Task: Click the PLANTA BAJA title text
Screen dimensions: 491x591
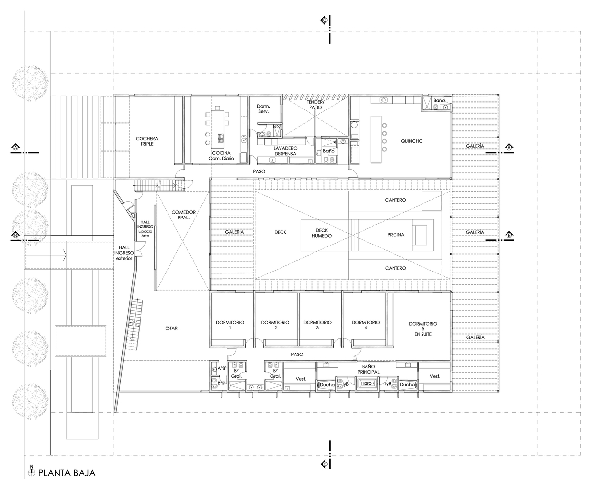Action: [x=66, y=473]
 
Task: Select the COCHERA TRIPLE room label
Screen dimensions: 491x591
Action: [x=147, y=141]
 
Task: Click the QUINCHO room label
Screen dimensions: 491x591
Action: [x=411, y=141]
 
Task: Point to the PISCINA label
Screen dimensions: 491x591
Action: [x=395, y=235]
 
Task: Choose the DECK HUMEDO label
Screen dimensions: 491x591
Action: [x=322, y=233]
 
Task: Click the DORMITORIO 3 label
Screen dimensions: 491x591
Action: [x=318, y=325]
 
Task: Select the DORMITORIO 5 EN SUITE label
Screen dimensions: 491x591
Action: [x=423, y=328]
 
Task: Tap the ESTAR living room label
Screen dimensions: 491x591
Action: [x=171, y=328]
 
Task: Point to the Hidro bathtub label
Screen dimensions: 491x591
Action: [x=366, y=383]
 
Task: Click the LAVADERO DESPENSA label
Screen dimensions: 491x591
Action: [x=282, y=151]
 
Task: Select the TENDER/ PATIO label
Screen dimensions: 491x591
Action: [x=315, y=104]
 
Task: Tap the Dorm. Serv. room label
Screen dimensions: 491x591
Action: [x=264, y=109]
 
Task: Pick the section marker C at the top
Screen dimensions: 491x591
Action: [x=325, y=20]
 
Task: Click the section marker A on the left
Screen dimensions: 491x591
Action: [x=16, y=147]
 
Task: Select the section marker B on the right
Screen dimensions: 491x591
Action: [x=509, y=235]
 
